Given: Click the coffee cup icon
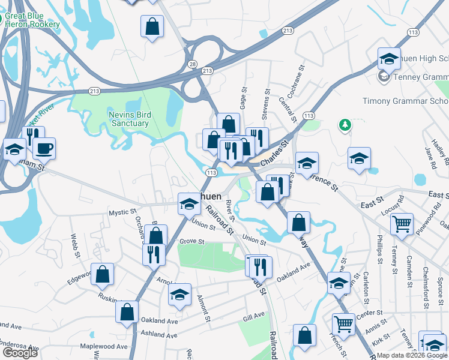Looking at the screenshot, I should click(44, 148).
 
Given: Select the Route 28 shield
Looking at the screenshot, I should click(193, 64).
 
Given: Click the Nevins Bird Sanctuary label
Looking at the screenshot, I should click(129, 119).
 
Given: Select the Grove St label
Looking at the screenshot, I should click(192, 242).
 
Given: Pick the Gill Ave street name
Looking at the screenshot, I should click(254, 315).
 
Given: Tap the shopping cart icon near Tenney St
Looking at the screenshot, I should click(402, 224).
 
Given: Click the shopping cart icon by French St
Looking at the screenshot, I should click(344, 324).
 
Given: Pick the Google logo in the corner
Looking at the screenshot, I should click(20, 353).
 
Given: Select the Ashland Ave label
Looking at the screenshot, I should click(159, 333).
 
